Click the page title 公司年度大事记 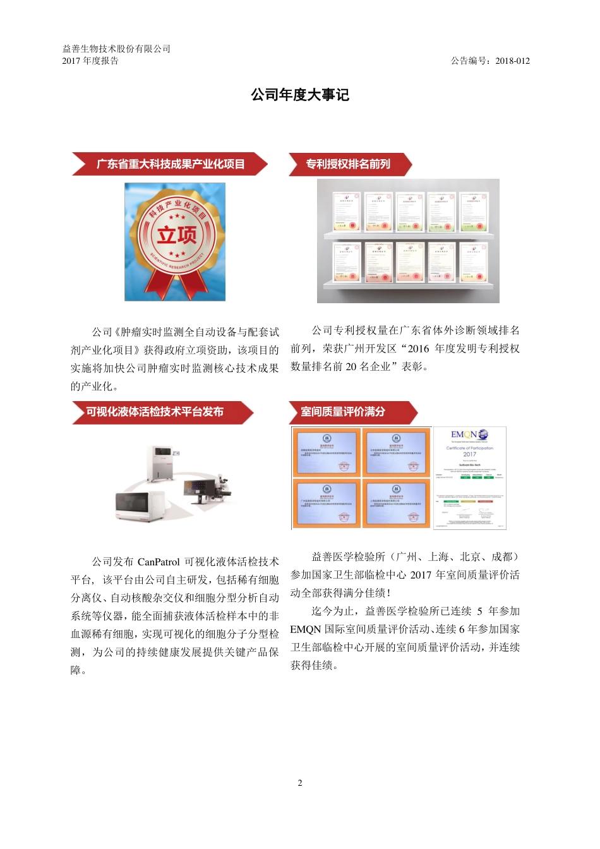pyautogui.click(x=300, y=95)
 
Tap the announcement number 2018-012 pyautogui.click(x=512, y=61)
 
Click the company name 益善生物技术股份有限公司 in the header pyautogui.click(x=116, y=49)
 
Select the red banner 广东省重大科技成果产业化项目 pyautogui.click(x=170, y=164)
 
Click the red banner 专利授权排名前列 pyautogui.click(x=348, y=164)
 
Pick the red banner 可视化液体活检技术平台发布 pyautogui.click(x=155, y=412)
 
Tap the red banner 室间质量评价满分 pyautogui.click(x=343, y=412)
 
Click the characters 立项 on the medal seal pyautogui.click(x=177, y=235)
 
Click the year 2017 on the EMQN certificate pyautogui.click(x=470, y=454)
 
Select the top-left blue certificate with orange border pyautogui.click(x=327, y=452)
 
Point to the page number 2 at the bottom pyautogui.click(x=300, y=783)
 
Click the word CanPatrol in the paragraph pyautogui.click(x=159, y=562)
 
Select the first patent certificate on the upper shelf pyautogui.click(x=346, y=212)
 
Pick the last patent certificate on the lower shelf pyautogui.click(x=473, y=261)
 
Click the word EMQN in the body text pyautogui.click(x=306, y=629)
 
